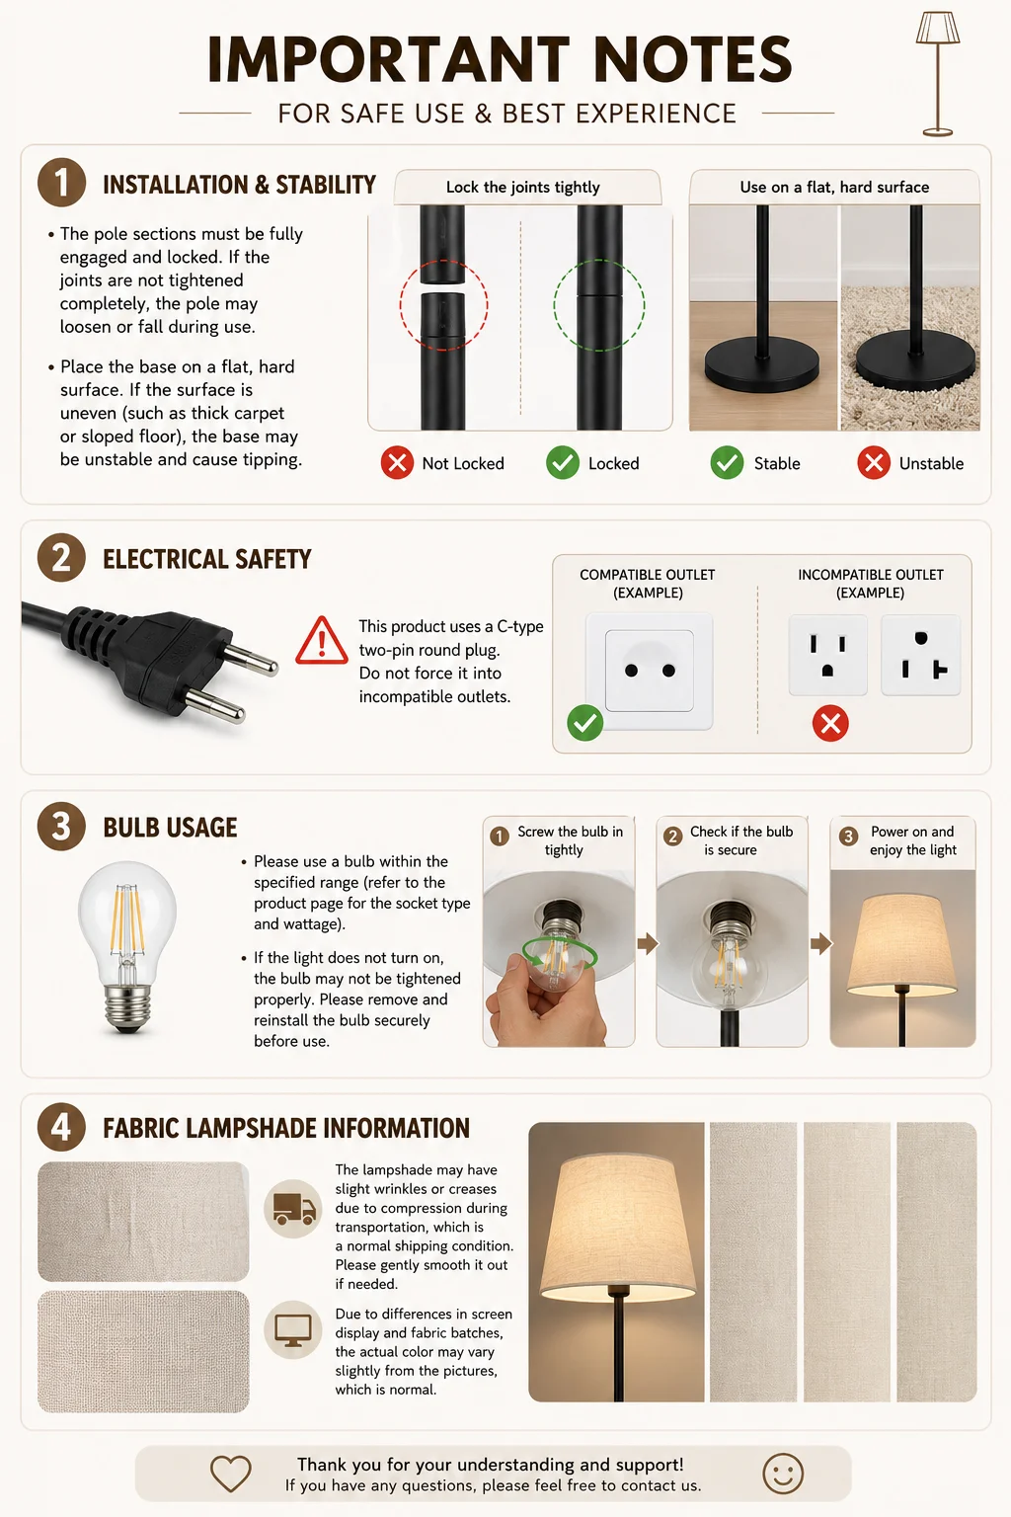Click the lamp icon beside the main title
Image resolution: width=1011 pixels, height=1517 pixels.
(x=938, y=73)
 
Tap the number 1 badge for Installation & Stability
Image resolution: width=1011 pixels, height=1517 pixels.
(x=61, y=183)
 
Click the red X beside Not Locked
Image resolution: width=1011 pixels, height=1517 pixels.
(x=397, y=463)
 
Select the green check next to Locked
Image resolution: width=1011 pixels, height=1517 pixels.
(x=563, y=463)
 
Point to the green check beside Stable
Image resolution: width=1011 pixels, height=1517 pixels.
(x=728, y=463)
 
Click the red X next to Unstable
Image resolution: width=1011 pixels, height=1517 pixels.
(x=874, y=463)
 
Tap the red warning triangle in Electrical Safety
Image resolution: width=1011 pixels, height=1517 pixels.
(x=322, y=641)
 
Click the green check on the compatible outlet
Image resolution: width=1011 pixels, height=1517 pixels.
(x=585, y=723)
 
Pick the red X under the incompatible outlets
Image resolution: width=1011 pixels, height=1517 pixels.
(x=831, y=723)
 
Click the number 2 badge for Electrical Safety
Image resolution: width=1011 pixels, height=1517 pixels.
(x=61, y=558)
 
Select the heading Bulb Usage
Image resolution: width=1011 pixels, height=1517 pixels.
(x=170, y=828)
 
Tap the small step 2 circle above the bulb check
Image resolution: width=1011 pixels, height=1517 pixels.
(x=673, y=837)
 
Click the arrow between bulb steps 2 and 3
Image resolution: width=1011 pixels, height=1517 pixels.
(x=820, y=943)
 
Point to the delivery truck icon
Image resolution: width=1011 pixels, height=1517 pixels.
(x=293, y=1209)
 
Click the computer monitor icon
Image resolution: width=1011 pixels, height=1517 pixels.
(x=293, y=1329)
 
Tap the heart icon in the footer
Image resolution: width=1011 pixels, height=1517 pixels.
(x=231, y=1474)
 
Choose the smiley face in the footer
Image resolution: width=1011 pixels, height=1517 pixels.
(x=784, y=1474)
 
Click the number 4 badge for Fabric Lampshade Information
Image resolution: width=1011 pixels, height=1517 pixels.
(x=61, y=1128)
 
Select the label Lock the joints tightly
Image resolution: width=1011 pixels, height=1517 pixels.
(x=522, y=187)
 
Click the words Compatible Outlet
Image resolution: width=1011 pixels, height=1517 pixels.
(x=648, y=574)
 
